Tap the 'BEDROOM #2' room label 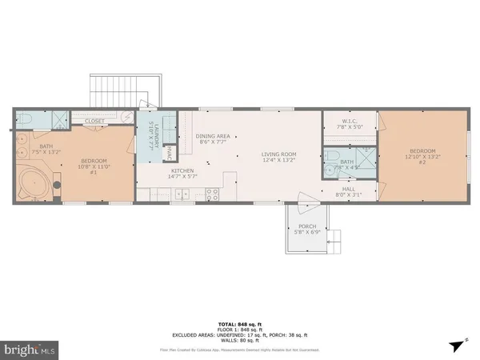coord(424,154)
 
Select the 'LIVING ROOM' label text coord(278,157)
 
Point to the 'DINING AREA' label coord(213,138)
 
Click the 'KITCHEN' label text coord(182,174)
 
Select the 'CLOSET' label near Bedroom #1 coord(94,122)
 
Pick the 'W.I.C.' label coord(349,122)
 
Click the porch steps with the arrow coord(337,238)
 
